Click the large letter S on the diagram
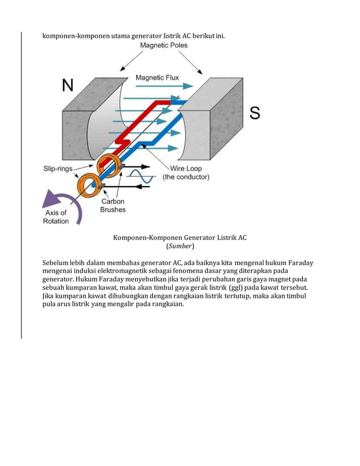pyautogui.click(x=254, y=113)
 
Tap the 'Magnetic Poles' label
pyautogui.click(x=164, y=45)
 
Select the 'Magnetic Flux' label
pyautogui.click(x=157, y=77)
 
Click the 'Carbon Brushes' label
pyautogui.click(x=113, y=205)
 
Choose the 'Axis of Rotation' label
pyautogui.click(x=55, y=217)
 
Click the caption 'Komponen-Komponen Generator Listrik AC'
pyautogui.click(x=180, y=238)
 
